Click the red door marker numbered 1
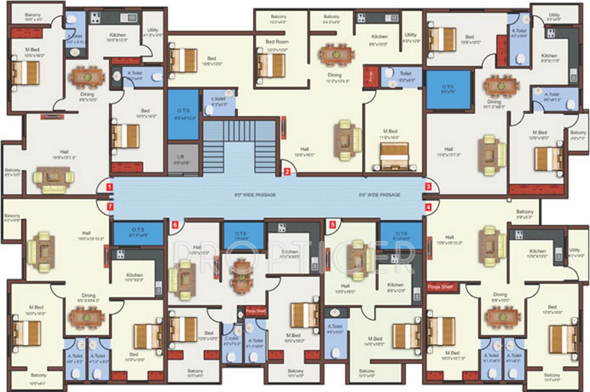tap(109, 187)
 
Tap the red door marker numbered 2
tap(287, 172)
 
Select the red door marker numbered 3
tap(429, 187)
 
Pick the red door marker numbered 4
tap(429, 206)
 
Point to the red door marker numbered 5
tap(333, 225)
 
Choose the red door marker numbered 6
tap(174, 225)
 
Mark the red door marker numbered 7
tap(109, 206)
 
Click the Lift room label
tap(180, 158)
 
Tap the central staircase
tap(239, 147)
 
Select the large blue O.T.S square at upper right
tap(448, 90)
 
